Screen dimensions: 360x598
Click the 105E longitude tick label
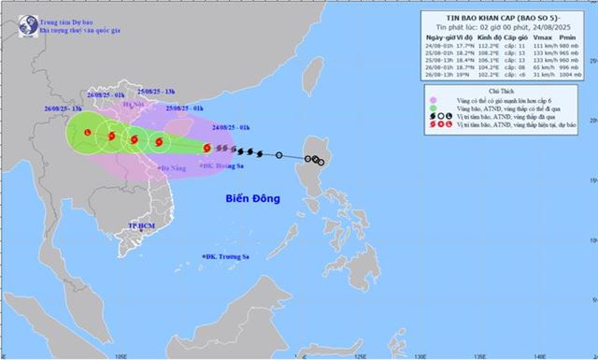[x=121, y=355]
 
